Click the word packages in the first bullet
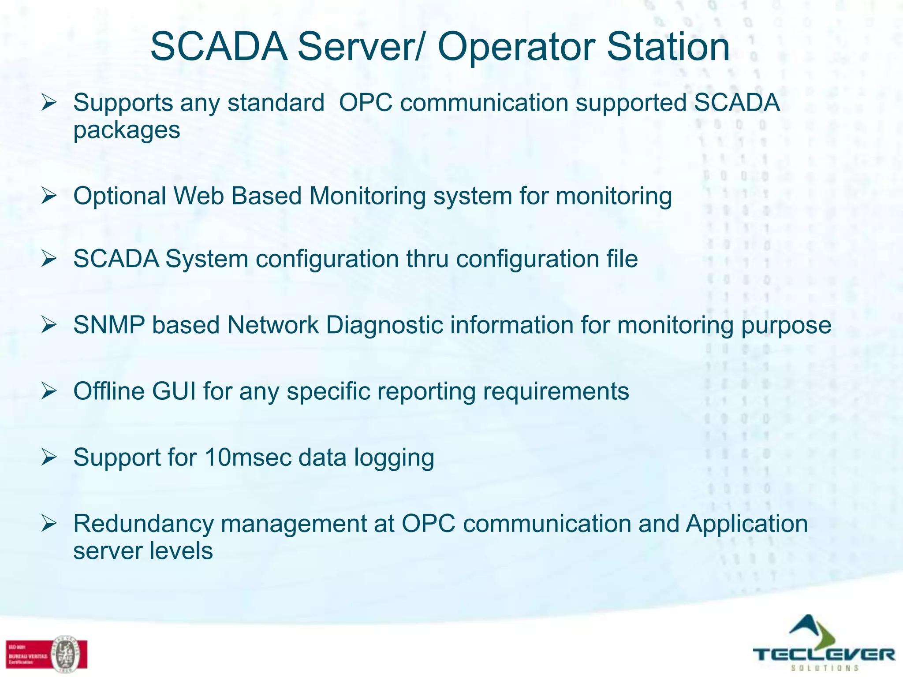click(127, 130)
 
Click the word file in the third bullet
click(622, 259)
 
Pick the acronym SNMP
click(109, 325)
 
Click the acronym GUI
click(174, 391)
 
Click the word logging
click(394, 458)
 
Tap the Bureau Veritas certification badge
click(47, 654)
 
